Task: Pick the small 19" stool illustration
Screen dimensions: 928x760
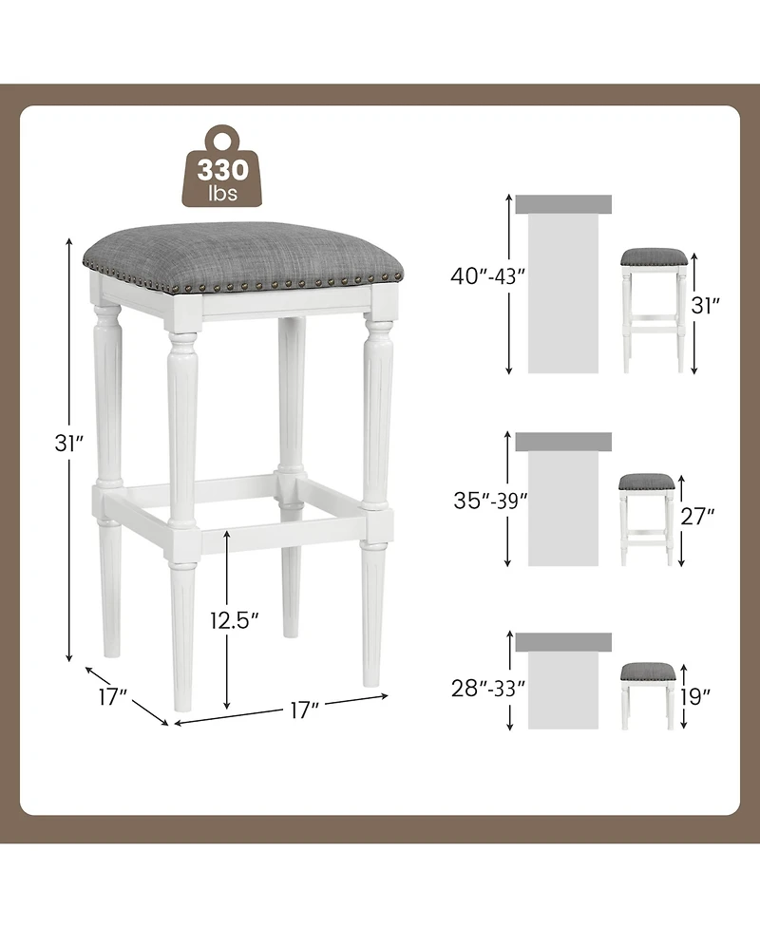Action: pyautogui.click(x=648, y=693)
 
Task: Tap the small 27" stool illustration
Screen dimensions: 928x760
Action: pyautogui.click(x=646, y=518)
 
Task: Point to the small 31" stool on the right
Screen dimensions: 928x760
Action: pyautogui.click(x=654, y=309)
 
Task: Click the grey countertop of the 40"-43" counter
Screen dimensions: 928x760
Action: pyautogui.click(x=563, y=204)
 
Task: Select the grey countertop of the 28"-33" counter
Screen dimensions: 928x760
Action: pyautogui.click(x=563, y=642)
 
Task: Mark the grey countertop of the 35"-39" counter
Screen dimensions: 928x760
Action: pyautogui.click(x=563, y=442)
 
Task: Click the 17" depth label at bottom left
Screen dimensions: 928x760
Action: pyautogui.click(x=112, y=696)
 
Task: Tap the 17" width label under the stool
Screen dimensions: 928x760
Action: pyautogui.click(x=303, y=710)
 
